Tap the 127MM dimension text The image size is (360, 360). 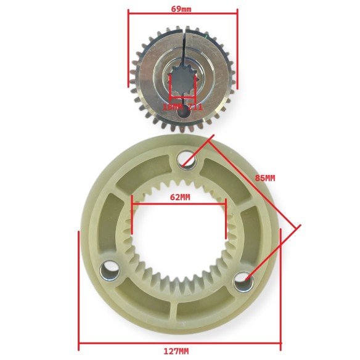pos(177,351)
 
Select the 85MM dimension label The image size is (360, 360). pos(264,178)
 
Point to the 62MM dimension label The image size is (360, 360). pos(179,197)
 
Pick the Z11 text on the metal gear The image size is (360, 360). pos(195,107)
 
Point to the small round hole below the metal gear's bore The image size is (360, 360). pos(182,110)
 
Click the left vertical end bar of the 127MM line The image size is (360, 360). pos(79,290)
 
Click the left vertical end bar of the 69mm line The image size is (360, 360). pos(128,49)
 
